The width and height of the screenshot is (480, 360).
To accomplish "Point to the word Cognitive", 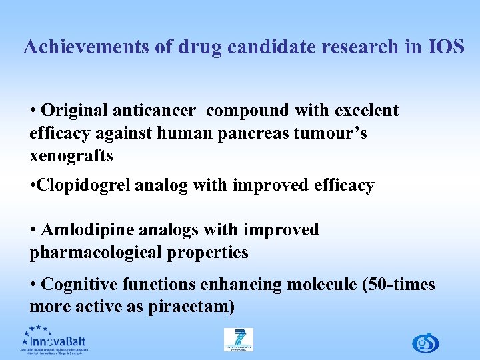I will pyautogui.click(x=80, y=285).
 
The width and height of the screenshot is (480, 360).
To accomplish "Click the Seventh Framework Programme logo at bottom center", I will pyautogui.click(x=238, y=339).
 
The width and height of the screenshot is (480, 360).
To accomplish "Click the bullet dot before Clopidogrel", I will pyautogui.click(x=33, y=186).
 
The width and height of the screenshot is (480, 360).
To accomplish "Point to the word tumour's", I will pyautogui.click(x=335, y=133).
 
